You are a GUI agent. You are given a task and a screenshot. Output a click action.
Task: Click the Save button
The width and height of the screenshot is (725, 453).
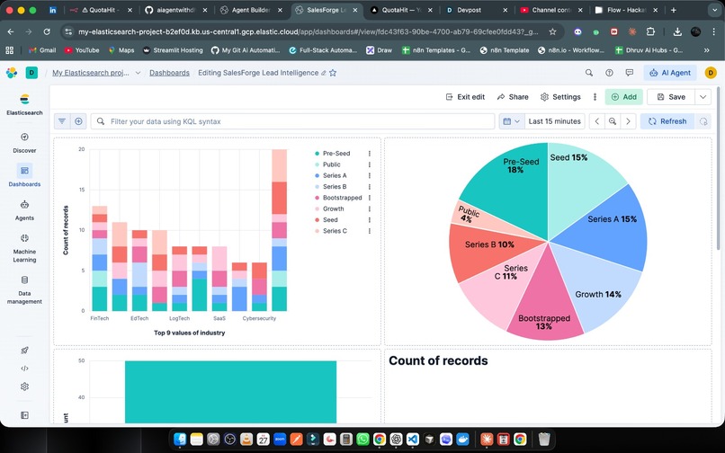point(669,97)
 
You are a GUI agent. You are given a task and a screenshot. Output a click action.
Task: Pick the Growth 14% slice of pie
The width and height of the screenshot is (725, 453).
point(598,286)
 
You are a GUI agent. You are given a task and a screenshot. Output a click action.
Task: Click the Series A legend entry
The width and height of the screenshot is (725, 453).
point(334,176)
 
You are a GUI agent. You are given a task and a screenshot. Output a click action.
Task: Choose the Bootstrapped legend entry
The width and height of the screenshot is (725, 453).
point(342,198)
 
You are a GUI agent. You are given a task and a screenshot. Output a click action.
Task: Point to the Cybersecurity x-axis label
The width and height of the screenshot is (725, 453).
point(259,318)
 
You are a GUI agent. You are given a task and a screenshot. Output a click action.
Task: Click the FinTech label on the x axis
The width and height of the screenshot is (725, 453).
point(100,318)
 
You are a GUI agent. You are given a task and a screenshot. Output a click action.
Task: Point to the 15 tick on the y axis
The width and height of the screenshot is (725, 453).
point(81,190)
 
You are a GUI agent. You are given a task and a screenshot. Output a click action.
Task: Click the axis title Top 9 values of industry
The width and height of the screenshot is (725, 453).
point(190,333)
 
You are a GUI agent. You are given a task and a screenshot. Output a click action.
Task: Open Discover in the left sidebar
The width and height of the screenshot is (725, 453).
point(24,143)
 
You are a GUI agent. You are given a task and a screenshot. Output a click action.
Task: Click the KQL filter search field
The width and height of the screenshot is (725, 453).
point(297,121)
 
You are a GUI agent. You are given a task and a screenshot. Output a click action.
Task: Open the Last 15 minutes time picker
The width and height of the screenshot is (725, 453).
point(554,121)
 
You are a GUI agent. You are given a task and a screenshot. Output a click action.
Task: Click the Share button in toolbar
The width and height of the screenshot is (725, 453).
point(512,97)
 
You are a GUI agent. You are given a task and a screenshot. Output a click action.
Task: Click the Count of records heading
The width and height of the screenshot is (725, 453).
point(438,360)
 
